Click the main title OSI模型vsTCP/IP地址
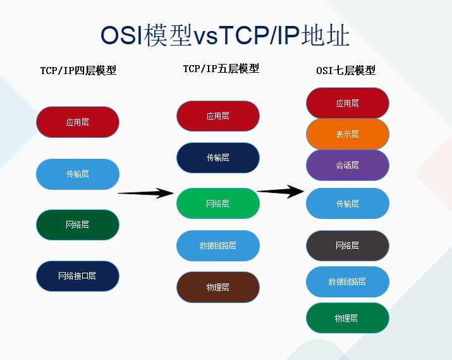click(225, 35)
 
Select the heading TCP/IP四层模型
click(78, 70)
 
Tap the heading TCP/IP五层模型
click(221, 69)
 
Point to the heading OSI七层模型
click(346, 70)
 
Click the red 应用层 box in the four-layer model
click(78, 122)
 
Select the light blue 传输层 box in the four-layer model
click(78, 174)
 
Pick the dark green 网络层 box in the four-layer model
click(78, 225)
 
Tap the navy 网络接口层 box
click(78, 276)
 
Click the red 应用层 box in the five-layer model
click(218, 116)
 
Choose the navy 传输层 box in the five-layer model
click(218, 158)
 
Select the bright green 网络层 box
click(218, 203)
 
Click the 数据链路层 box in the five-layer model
click(218, 245)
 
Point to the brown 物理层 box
click(218, 287)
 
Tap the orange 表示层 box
click(347, 134)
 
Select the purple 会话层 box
click(347, 165)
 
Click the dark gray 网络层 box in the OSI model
click(347, 245)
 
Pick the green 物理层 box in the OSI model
click(347, 318)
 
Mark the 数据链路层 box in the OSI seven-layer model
click(347, 282)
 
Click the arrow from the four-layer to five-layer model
click(146, 193)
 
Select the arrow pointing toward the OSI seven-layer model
click(280, 191)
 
